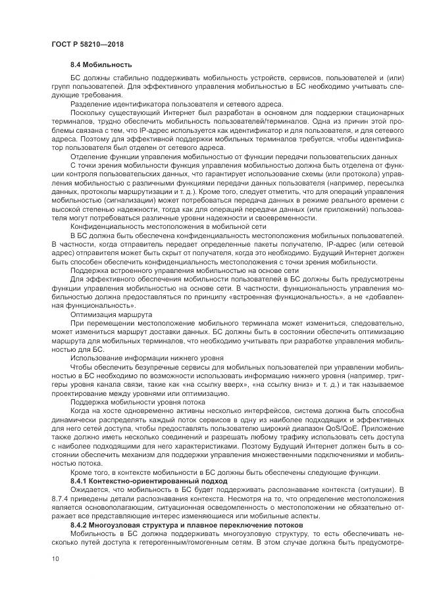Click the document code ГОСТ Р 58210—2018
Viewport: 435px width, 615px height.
click(88, 44)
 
